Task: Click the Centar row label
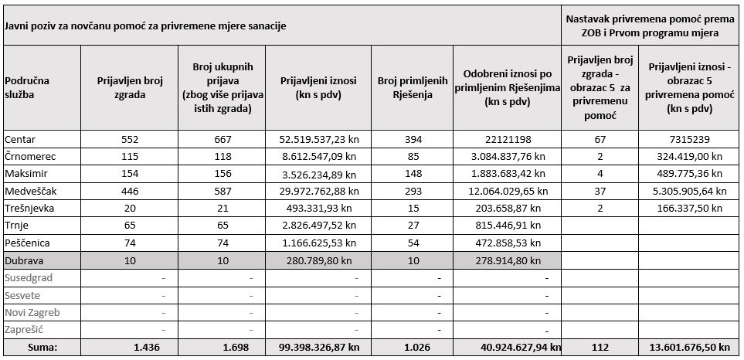click(x=19, y=140)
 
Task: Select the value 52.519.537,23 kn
click(x=318, y=140)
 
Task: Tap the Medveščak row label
click(x=27, y=192)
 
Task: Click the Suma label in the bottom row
click(x=42, y=347)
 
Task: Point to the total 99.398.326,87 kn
click(x=318, y=347)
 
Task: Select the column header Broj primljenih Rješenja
click(x=413, y=88)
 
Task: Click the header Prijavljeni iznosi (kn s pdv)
click(x=318, y=88)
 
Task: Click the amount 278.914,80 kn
click(x=508, y=260)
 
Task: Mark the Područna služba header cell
click(x=27, y=88)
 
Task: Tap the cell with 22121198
click(x=508, y=140)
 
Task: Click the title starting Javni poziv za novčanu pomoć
click(x=146, y=25)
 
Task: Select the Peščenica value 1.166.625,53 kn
click(x=318, y=243)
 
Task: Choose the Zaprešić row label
click(x=24, y=330)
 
